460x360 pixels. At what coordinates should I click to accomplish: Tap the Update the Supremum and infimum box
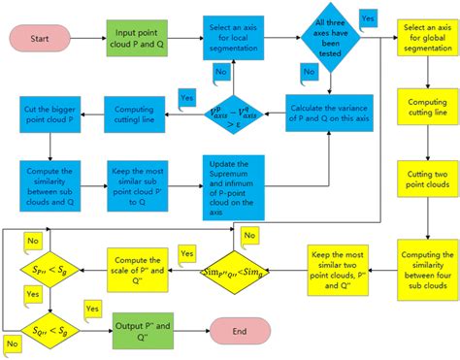(238, 184)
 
